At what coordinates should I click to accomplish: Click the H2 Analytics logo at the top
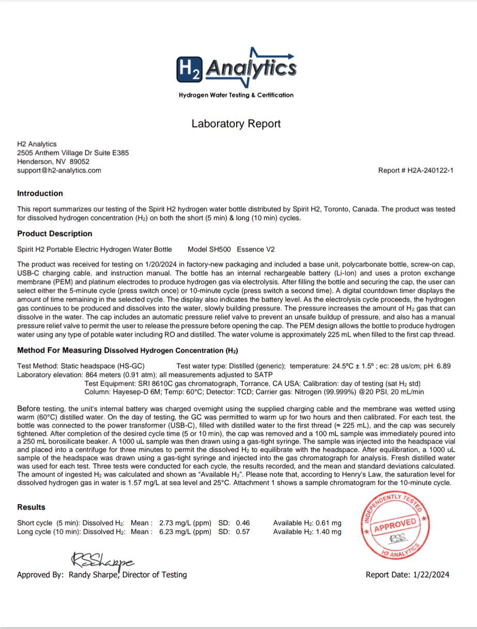tap(236, 69)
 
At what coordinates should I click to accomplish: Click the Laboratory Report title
tap(236, 124)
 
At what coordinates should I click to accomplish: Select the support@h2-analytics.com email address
tap(59, 170)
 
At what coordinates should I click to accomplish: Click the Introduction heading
tap(40, 194)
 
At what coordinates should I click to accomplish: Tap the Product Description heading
tap(55, 233)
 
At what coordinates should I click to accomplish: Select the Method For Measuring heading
tap(127, 350)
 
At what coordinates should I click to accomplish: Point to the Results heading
tap(31, 507)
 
